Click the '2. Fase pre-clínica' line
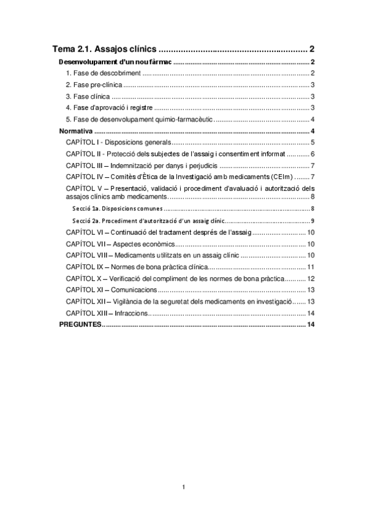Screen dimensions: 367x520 coord(94,85)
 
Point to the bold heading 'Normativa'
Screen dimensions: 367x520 coord(75,131)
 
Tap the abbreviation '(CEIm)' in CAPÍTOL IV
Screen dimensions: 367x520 coord(261,177)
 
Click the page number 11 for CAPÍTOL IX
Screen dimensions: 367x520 coord(311,267)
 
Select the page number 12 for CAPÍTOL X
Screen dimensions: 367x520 coord(311,278)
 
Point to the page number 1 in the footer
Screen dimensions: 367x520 coord(183,487)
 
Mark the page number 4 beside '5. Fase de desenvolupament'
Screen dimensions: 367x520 coord(312,120)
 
